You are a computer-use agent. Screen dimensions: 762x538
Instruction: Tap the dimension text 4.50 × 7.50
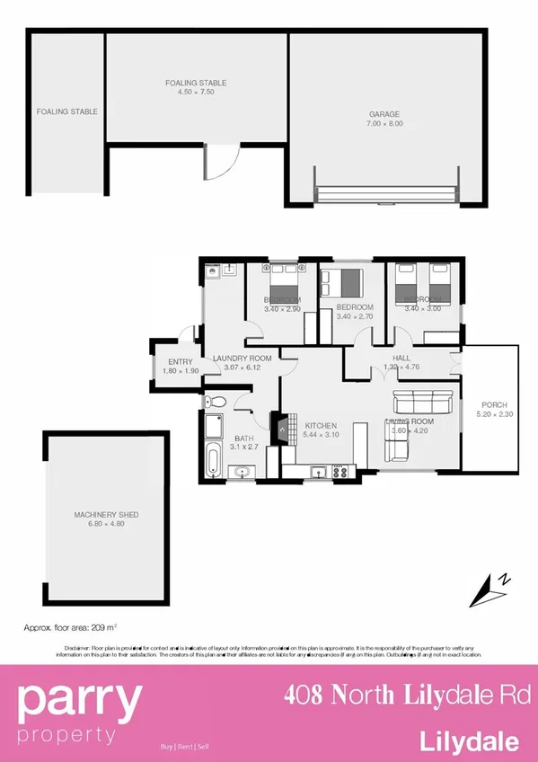(x=195, y=92)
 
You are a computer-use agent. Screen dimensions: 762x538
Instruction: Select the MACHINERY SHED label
(x=106, y=515)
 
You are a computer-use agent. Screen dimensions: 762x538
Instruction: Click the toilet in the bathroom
(x=213, y=402)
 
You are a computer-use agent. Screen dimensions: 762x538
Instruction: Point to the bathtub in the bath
(x=213, y=459)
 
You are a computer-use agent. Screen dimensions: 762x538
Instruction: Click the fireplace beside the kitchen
(x=284, y=428)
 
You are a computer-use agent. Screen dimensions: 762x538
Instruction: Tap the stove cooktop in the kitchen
(x=340, y=471)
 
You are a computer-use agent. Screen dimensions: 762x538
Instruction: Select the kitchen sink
(x=316, y=471)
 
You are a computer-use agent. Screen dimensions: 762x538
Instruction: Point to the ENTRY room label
(x=181, y=362)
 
